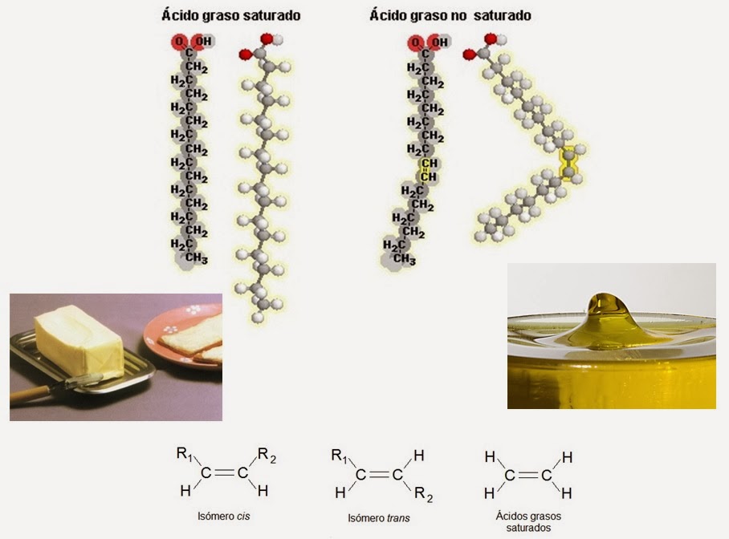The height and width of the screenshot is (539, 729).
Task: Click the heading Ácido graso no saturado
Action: click(x=450, y=15)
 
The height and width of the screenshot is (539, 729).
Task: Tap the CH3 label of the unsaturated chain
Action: click(x=404, y=259)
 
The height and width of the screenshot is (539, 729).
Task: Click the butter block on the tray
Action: click(x=79, y=342)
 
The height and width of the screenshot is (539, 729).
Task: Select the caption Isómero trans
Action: click(x=379, y=518)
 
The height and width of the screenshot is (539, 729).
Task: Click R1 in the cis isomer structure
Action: click(x=185, y=454)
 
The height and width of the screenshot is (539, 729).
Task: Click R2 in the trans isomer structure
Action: click(x=424, y=497)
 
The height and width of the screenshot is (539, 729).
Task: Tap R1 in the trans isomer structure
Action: click(x=340, y=456)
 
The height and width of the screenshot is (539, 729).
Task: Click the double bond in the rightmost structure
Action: click(x=527, y=475)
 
